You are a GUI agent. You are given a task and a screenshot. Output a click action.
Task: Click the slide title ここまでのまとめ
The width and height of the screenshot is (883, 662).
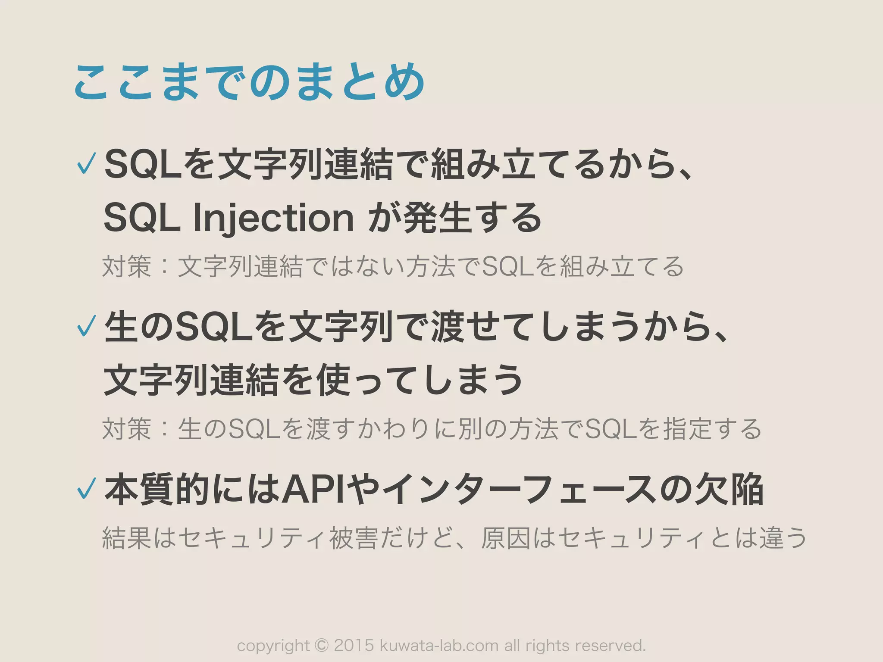tap(249, 82)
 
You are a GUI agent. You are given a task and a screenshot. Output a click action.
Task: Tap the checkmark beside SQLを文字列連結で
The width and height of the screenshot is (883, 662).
tap(86, 164)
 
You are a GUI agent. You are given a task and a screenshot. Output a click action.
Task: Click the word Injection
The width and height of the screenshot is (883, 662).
tap(273, 218)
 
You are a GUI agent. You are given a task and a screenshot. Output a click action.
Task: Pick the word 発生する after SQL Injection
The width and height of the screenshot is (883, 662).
tap(472, 218)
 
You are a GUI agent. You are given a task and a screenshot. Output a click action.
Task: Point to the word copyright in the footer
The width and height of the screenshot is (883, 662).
tap(273, 645)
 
